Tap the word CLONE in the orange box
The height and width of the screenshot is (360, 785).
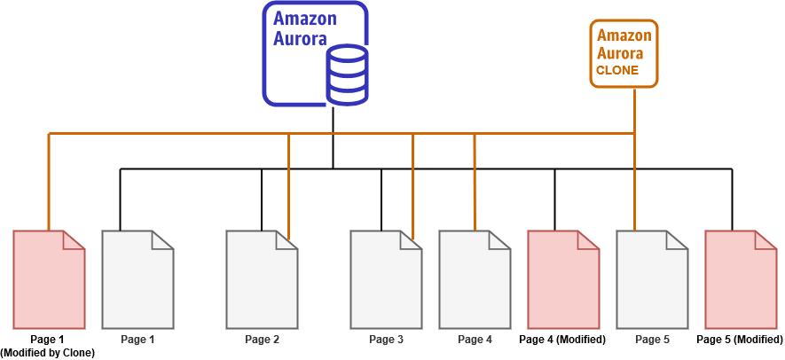coord(616,70)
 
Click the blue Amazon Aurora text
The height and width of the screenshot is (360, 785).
coord(300,28)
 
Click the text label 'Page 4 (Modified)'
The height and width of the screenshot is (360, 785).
coord(562,340)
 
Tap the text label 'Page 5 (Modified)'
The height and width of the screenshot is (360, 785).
coord(740,340)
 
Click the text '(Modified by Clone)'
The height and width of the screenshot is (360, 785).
coord(48,352)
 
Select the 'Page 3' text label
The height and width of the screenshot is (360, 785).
coord(386,340)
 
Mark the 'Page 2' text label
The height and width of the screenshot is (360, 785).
coord(262,340)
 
